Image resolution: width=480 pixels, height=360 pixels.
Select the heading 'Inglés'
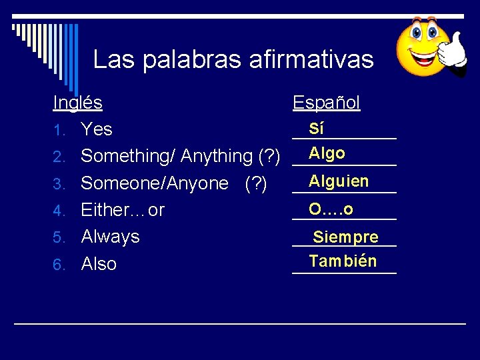(x=77, y=103)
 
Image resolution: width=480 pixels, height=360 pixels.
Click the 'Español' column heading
(x=327, y=103)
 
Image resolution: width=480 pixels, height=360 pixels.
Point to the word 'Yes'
(x=97, y=129)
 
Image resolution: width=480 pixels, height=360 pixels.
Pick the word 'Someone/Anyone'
(x=155, y=183)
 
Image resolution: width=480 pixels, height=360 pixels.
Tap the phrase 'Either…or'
(x=123, y=210)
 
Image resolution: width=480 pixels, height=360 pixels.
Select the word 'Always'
(x=110, y=237)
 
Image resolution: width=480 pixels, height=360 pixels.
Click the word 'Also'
(x=99, y=264)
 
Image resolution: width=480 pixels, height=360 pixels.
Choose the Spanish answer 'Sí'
(x=317, y=129)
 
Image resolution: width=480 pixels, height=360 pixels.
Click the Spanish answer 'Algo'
(x=327, y=153)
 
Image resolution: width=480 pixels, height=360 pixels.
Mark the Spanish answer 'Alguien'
(x=339, y=181)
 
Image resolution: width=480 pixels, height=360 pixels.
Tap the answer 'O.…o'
(x=331, y=209)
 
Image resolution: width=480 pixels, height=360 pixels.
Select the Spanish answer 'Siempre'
(x=345, y=237)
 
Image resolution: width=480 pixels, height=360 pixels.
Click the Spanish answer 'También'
(x=343, y=261)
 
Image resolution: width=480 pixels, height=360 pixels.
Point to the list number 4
(x=58, y=211)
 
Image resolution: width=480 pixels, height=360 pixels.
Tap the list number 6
(x=58, y=265)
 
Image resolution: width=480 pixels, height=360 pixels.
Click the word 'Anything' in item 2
(x=217, y=156)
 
